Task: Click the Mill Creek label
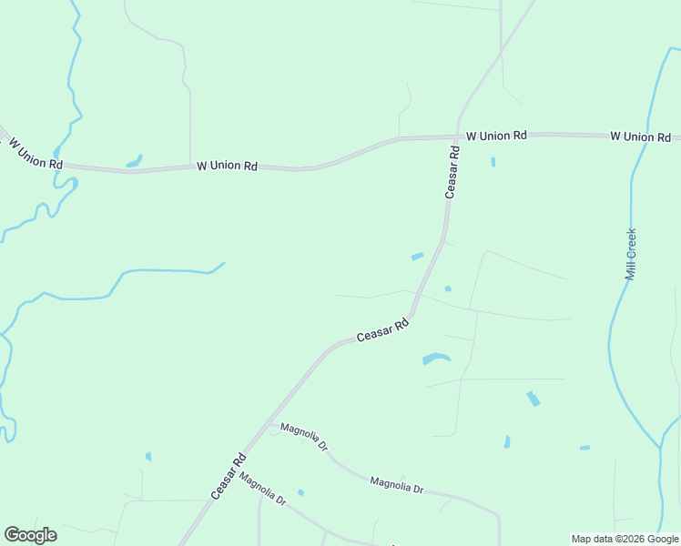point(630,254)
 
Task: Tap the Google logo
point(30,535)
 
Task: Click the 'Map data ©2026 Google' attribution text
point(625,539)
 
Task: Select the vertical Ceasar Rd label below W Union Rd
point(452,170)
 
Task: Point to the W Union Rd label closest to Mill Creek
point(640,136)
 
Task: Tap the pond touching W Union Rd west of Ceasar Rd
point(134,163)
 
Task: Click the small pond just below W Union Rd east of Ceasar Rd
point(493,162)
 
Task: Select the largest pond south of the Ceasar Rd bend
point(436,358)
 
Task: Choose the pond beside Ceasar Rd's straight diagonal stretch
point(417,257)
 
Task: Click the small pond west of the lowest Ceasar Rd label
point(148,457)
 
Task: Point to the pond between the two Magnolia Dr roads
point(300,492)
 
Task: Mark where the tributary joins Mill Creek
point(659,447)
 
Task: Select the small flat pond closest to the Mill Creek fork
point(584,448)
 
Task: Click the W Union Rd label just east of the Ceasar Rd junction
point(496,136)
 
